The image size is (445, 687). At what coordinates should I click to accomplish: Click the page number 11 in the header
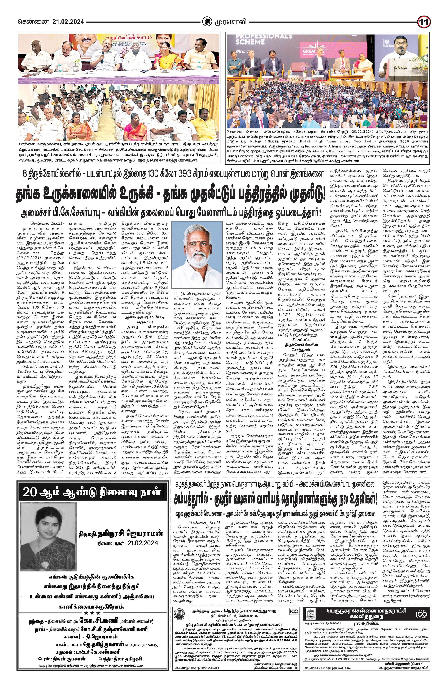[x=423, y=22]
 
